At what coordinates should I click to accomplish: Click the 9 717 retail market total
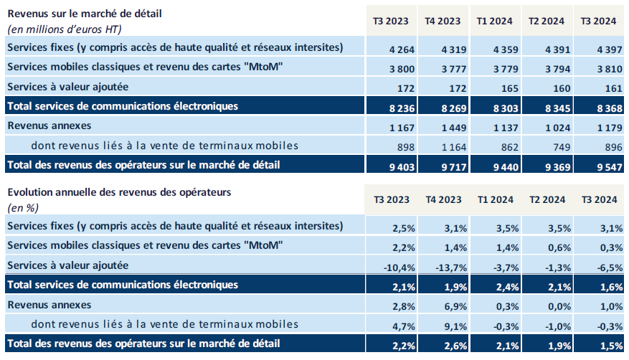click(x=448, y=165)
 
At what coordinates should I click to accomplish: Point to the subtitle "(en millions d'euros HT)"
click(x=64, y=29)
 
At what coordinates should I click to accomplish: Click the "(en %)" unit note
click(x=22, y=207)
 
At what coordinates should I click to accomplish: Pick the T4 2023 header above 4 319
click(x=443, y=22)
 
